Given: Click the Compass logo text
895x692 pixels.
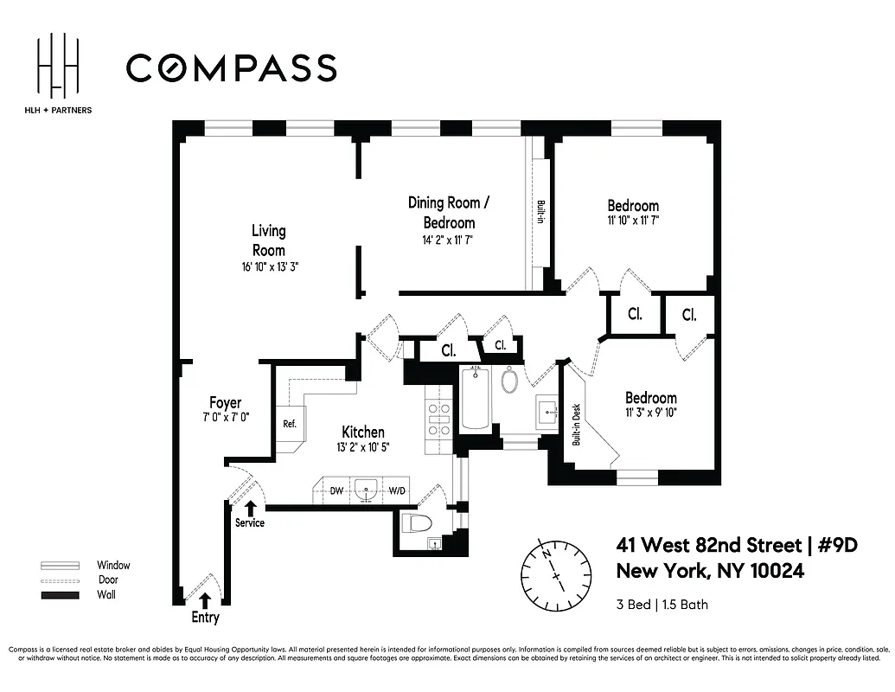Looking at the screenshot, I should (231, 68).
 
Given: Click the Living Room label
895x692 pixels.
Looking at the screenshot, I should (268, 240).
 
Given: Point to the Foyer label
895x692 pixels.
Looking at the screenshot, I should (225, 403).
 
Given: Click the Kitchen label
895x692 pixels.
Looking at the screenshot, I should (363, 432).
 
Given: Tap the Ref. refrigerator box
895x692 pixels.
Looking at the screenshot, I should (290, 424).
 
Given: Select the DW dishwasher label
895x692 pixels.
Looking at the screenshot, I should (337, 490).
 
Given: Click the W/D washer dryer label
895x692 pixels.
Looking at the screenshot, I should (397, 490).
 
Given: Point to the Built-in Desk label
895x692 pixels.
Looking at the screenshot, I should (577, 424).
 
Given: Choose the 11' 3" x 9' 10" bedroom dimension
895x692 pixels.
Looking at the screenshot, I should (651, 413).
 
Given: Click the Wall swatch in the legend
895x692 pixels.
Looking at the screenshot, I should (60, 595).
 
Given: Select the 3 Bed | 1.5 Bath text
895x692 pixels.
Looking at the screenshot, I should (662, 604).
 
